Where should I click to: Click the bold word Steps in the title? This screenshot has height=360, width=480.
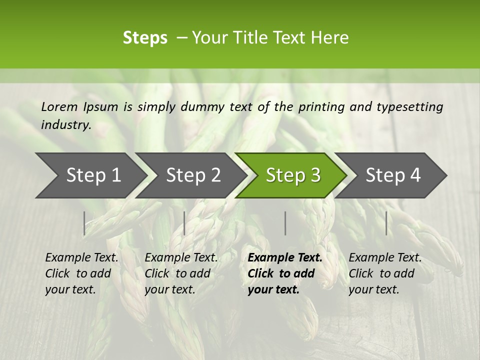145,38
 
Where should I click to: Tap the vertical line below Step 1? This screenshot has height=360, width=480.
84,223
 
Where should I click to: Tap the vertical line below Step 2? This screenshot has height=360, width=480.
184,223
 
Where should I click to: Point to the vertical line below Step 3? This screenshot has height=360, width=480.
285,223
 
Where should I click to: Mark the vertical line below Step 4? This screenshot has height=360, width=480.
386,223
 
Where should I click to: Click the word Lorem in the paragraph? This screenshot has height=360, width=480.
59,106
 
